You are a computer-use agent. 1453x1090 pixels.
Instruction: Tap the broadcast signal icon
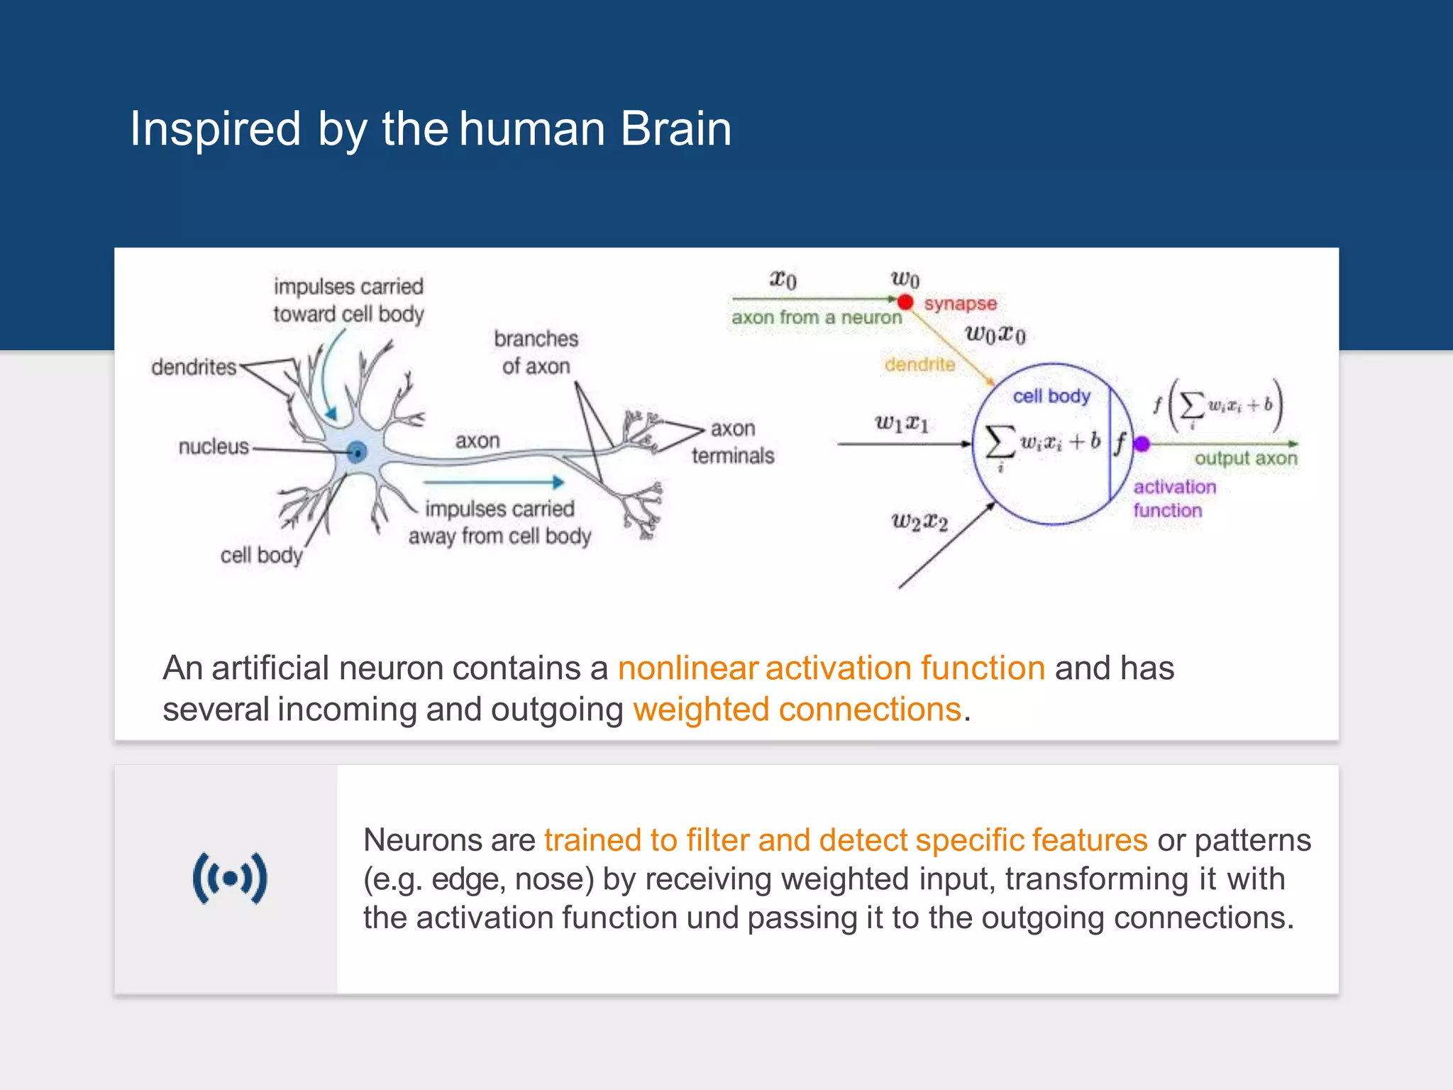[230, 879]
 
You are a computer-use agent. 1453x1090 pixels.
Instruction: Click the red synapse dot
[905, 302]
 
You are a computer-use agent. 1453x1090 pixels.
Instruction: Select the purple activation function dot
[1142, 444]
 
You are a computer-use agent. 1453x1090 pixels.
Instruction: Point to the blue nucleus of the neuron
[358, 451]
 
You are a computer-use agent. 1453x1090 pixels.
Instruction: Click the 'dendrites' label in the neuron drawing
[193, 367]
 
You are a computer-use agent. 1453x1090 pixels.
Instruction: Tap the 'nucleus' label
[214, 446]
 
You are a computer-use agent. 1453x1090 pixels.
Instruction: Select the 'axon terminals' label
[733, 442]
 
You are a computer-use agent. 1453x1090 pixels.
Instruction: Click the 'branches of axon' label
[536, 352]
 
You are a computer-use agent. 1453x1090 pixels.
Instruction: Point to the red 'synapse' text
[960, 304]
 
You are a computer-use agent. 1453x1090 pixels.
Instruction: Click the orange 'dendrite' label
[919, 364]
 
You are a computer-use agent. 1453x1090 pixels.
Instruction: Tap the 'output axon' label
[1245, 458]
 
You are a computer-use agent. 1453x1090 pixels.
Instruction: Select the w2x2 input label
[919, 522]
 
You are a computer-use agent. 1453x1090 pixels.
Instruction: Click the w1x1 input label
[901, 424]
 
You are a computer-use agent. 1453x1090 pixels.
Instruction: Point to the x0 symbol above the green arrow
[783, 279]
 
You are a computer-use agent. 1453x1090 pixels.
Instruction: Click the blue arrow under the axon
[494, 483]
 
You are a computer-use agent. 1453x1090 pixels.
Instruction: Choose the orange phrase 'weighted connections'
[797, 709]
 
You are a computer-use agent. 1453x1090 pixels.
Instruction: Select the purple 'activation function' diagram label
[1173, 498]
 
